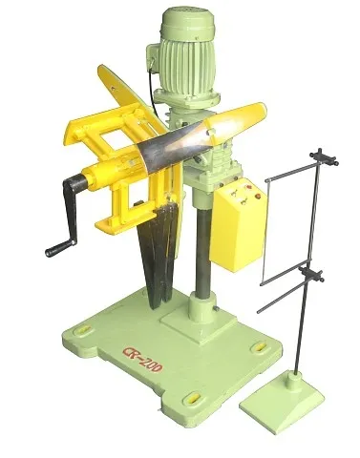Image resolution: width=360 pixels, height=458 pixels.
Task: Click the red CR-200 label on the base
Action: [142, 360]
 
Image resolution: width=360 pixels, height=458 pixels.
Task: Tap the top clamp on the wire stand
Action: [324, 157]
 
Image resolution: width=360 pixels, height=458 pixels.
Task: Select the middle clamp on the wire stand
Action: [310, 275]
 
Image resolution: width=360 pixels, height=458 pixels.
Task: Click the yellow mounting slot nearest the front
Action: [192, 398]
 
